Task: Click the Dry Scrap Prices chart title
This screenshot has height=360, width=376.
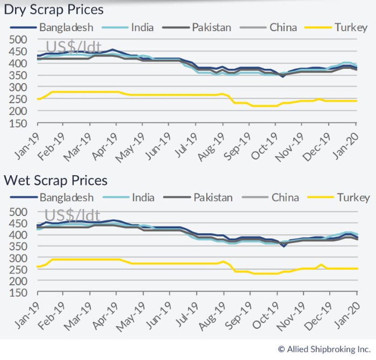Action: tap(54, 10)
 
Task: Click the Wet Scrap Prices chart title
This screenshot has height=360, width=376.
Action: tap(55, 180)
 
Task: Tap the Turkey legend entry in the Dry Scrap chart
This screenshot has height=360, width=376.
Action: tap(351, 27)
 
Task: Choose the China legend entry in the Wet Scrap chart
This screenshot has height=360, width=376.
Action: tap(285, 198)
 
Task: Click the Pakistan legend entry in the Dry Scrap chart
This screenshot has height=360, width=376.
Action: tap(212, 27)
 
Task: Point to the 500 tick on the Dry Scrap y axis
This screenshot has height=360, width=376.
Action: tap(18, 40)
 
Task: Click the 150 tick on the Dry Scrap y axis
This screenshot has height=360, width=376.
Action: tap(18, 123)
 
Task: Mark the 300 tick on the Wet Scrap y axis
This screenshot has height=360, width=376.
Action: tap(18, 258)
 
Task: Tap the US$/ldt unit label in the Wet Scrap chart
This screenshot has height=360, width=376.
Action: tap(73, 218)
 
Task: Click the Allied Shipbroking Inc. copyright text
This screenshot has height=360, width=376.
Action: tap(323, 349)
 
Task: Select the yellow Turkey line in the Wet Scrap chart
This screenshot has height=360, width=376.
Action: tap(188, 263)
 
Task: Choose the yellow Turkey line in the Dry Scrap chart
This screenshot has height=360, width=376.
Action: tap(188, 95)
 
